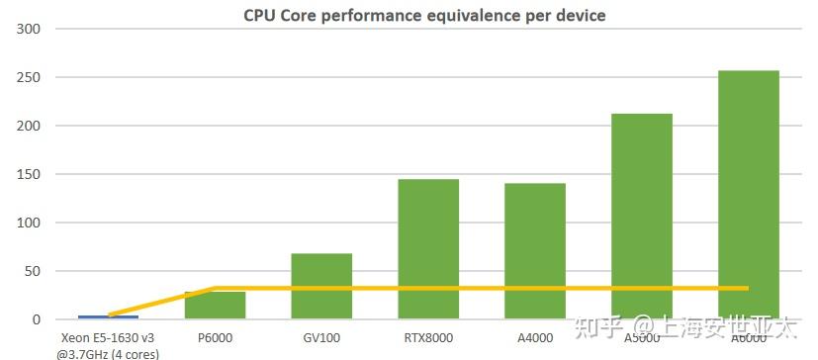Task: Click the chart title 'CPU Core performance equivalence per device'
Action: (x=425, y=15)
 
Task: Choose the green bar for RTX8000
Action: (x=428, y=248)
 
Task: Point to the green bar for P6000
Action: (x=215, y=306)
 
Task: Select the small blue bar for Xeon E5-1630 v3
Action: (x=108, y=317)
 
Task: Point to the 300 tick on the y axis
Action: (x=28, y=29)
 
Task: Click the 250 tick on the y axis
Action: (x=28, y=77)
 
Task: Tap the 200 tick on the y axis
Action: (x=28, y=126)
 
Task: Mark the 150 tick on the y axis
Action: (x=28, y=174)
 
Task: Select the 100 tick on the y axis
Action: (x=28, y=223)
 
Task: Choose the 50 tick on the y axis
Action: (x=31, y=271)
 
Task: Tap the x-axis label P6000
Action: (x=215, y=338)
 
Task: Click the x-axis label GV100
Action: (x=321, y=338)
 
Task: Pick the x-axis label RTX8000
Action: (x=428, y=338)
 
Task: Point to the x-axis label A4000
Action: (x=535, y=338)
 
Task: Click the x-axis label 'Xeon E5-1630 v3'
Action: (x=107, y=338)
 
